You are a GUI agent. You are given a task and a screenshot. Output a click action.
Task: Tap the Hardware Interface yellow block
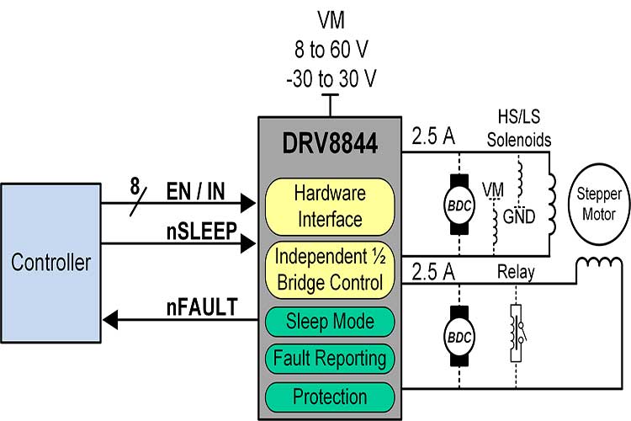click(330, 206)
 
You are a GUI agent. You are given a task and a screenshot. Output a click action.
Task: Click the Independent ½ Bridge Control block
click(330, 269)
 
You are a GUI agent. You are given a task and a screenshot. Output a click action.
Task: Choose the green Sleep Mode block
click(330, 321)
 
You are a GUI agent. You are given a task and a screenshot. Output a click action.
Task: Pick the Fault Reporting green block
click(330, 359)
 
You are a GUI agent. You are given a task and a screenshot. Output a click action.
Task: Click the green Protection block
click(330, 396)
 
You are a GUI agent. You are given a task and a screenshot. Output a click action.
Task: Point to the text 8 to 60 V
click(329, 49)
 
